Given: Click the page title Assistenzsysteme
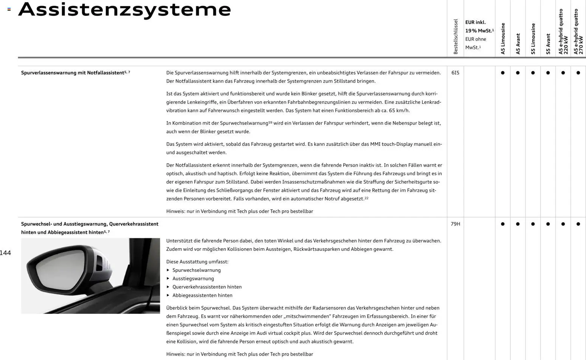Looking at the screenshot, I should pos(125,9).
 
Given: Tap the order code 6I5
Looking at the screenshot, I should pos(455,73).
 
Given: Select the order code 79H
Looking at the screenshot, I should pos(455,224).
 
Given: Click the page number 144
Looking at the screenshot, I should pos(5,253).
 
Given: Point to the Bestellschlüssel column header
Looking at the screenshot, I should pos(456,36).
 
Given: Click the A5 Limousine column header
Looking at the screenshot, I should pos(503,39).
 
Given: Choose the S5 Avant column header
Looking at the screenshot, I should pos(548,44).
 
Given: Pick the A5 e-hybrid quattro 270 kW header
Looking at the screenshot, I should pos(578,32).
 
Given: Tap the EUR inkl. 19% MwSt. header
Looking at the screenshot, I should pos(479,26).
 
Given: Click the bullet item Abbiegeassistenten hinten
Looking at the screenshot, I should pos(202,295).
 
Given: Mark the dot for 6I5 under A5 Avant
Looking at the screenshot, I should pos(518,73).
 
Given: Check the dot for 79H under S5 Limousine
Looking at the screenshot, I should pos(533,224).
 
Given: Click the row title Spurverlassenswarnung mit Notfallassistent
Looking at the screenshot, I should pos(73,73).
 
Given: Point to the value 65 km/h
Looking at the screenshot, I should pos(399,111).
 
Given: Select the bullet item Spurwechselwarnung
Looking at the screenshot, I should pos(196,270).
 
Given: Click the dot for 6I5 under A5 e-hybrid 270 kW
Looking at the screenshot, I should pos(578,73).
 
